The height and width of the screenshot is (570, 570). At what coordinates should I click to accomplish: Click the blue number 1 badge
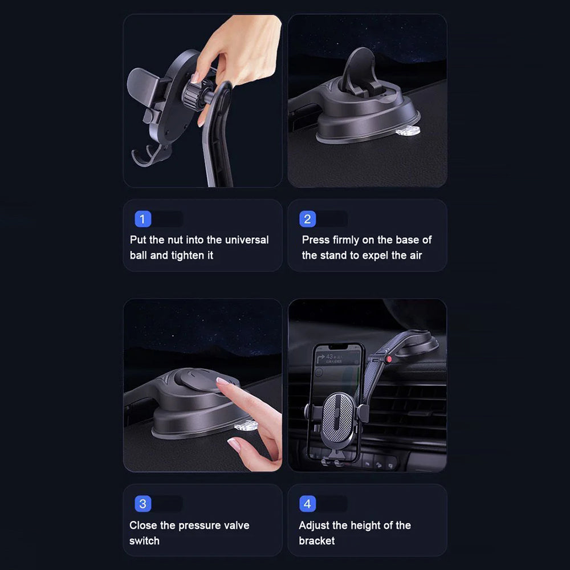click(142, 219)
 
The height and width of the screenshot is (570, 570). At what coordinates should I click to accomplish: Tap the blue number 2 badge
click(308, 219)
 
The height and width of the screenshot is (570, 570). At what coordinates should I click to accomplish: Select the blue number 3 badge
click(143, 504)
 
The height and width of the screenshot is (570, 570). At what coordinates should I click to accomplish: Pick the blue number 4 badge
click(308, 504)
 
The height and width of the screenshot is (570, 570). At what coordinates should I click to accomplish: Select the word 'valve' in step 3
click(237, 526)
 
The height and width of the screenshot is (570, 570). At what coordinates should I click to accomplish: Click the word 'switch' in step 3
click(144, 541)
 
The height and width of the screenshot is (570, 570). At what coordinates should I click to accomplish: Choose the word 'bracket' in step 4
click(316, 541)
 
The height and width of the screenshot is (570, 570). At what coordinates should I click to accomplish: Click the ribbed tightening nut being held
click(192, 94)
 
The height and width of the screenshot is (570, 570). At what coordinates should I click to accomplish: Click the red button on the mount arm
click(389, 360)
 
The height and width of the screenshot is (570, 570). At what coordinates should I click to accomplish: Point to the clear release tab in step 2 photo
click(408, 131)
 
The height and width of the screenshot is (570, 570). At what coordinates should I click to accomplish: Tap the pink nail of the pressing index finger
click(222, 381)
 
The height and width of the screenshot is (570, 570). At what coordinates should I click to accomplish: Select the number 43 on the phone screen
click(329, 356)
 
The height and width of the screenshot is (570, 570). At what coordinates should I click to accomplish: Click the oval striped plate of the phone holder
click(339, 418)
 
